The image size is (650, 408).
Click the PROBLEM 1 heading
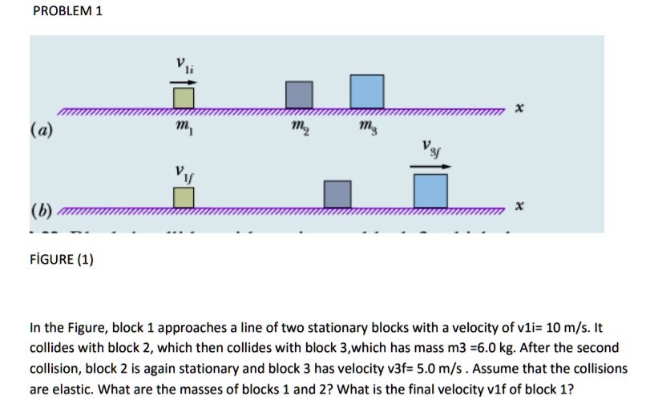[67, 12]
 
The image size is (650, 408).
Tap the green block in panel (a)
[184, 96]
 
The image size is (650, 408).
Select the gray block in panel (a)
[300, 94]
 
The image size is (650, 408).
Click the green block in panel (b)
[184, 196]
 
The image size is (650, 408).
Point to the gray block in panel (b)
[337, 193]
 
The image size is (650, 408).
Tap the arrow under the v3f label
[430, 167]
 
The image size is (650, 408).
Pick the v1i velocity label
[184, 67]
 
